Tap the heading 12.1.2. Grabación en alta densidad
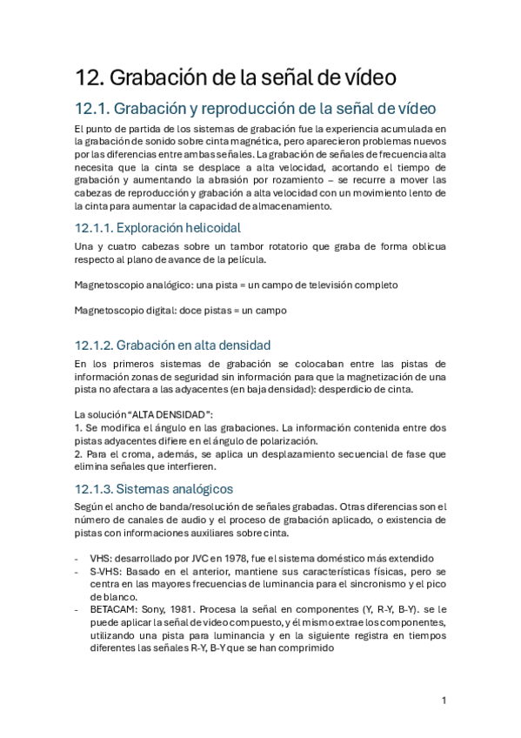tap(172, 344)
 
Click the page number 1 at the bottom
tap(444, 701)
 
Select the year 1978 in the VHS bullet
tap(240, 558)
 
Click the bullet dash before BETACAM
tap(77, 610)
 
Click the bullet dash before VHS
tap(77, 558)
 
